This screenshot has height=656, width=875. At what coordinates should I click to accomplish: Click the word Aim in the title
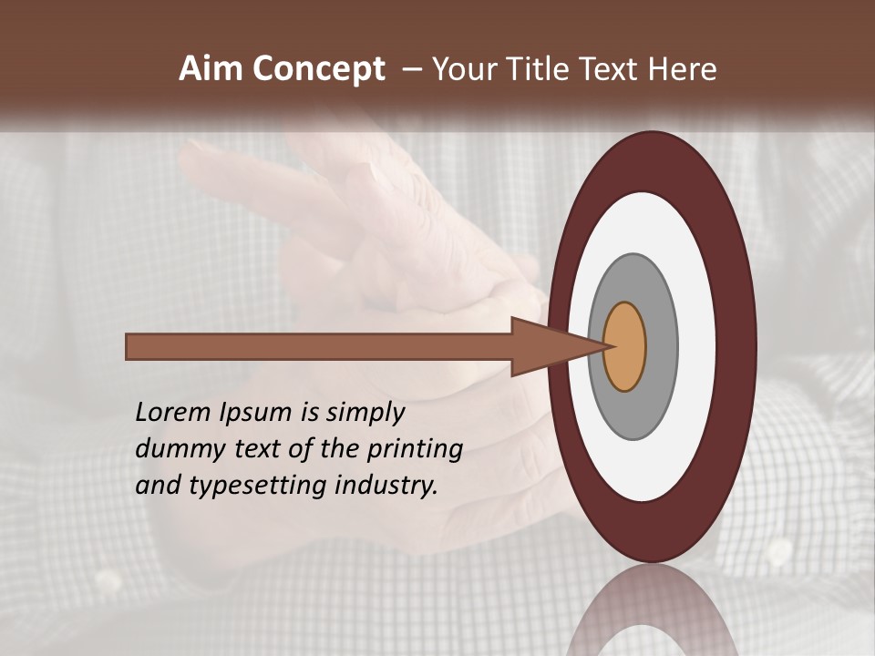click(x=211, y=69)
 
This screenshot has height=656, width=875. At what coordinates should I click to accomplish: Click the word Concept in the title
click(x=319, y=69)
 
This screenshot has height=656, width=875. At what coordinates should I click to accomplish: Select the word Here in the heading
click(x=684, y=69)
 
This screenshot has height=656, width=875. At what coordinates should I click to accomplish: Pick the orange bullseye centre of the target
click(x=626, y=347)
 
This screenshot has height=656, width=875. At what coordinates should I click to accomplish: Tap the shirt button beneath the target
click(x=779, y=550)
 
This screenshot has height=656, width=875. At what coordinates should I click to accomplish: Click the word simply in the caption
click(x=365, y=413)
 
